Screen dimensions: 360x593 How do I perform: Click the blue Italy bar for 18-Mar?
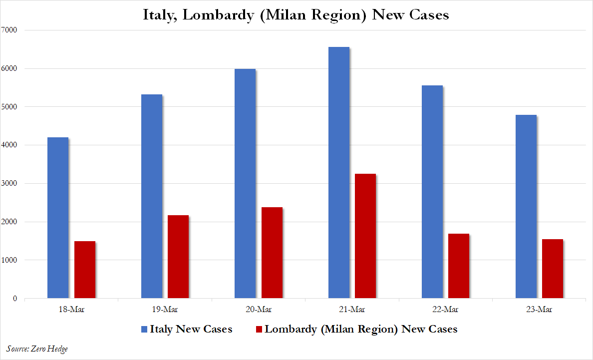point(57,218)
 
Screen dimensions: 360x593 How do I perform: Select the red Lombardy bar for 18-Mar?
point(84,270)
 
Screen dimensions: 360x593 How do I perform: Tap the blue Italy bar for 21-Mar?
point(338,173)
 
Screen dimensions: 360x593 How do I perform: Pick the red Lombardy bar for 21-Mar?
point(365,236)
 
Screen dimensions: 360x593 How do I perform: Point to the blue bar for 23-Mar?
point(526,207)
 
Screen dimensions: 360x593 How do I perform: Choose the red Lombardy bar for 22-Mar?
point(458,266)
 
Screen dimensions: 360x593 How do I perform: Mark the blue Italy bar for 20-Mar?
point(245,183)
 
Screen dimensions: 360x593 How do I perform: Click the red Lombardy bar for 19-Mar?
point(178,257)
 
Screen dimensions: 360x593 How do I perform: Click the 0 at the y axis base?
point(15,299)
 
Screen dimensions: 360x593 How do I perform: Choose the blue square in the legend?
point(144,330)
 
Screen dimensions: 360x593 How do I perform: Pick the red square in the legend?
point(259,330)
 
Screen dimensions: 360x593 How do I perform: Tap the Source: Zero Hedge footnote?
point(37,349)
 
